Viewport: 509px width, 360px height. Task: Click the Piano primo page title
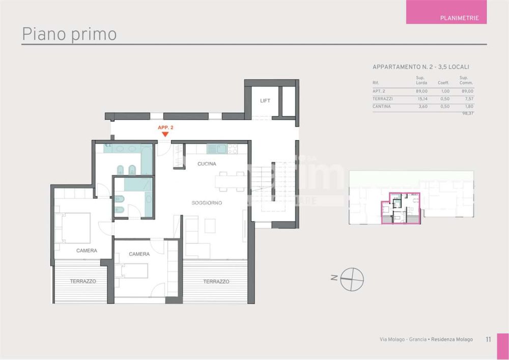click(x=69, y=34)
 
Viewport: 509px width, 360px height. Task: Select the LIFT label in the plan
click(x=265, y=101)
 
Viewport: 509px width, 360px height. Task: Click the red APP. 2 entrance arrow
click(x=165, y=134)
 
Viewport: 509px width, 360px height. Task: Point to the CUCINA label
click(x=207, y=164)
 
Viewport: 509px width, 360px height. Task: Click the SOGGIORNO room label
click(x=207, y=203)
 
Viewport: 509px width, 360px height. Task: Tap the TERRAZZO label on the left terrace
click(x=83, y=281)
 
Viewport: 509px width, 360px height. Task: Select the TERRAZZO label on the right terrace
click(x=216, y=282)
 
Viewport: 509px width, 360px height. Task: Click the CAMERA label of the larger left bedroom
click(x=87, y=251)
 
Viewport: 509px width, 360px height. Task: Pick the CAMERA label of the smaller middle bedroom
click(x=139, y=254)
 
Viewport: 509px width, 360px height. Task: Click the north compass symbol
click(x=352, y=278)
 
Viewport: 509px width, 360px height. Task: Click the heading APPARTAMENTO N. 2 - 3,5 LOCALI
click(x=420, y=67)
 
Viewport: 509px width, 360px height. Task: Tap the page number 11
click(x=488, y=339)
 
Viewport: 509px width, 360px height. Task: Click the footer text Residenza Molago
click(x=452, y=339)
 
